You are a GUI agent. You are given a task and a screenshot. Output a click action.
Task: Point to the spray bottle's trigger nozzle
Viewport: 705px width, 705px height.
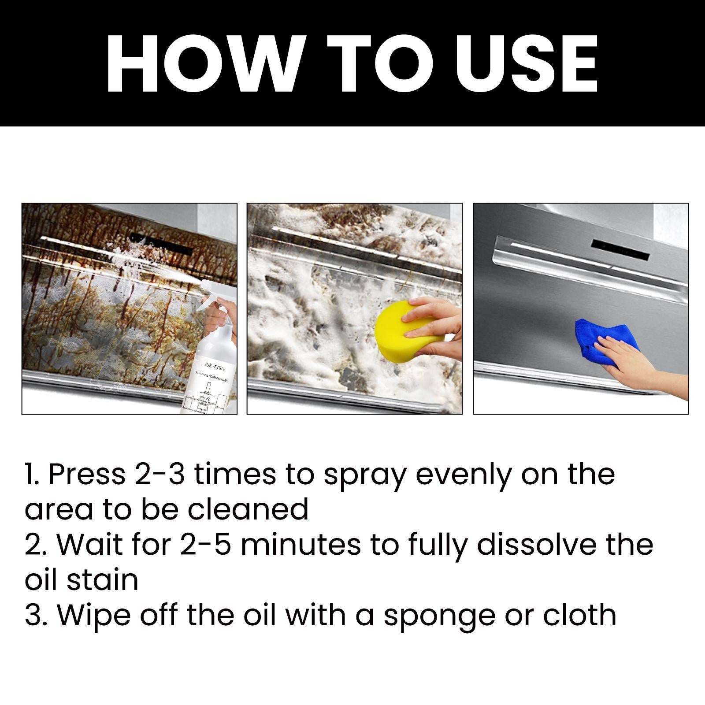coord(210,304)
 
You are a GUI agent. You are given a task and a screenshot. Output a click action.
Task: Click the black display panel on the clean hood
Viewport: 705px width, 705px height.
coord(620,249)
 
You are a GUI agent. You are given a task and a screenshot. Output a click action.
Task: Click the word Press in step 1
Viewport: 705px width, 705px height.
coord(86,475)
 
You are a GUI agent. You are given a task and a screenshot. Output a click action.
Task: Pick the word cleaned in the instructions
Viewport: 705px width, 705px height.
coord(248,510)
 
